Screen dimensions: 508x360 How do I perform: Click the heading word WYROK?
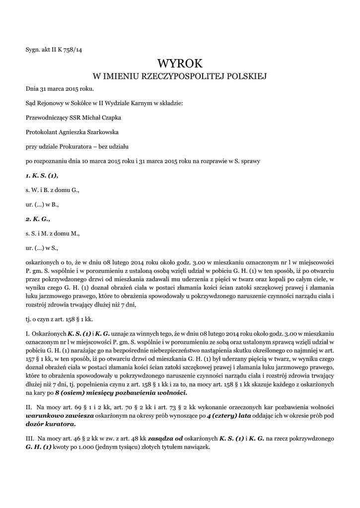(180, 63)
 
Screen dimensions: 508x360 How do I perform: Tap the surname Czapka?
(111, 118)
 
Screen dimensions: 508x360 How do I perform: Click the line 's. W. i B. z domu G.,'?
(52, 190)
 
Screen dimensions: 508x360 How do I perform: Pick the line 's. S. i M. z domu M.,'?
(52, 233)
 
